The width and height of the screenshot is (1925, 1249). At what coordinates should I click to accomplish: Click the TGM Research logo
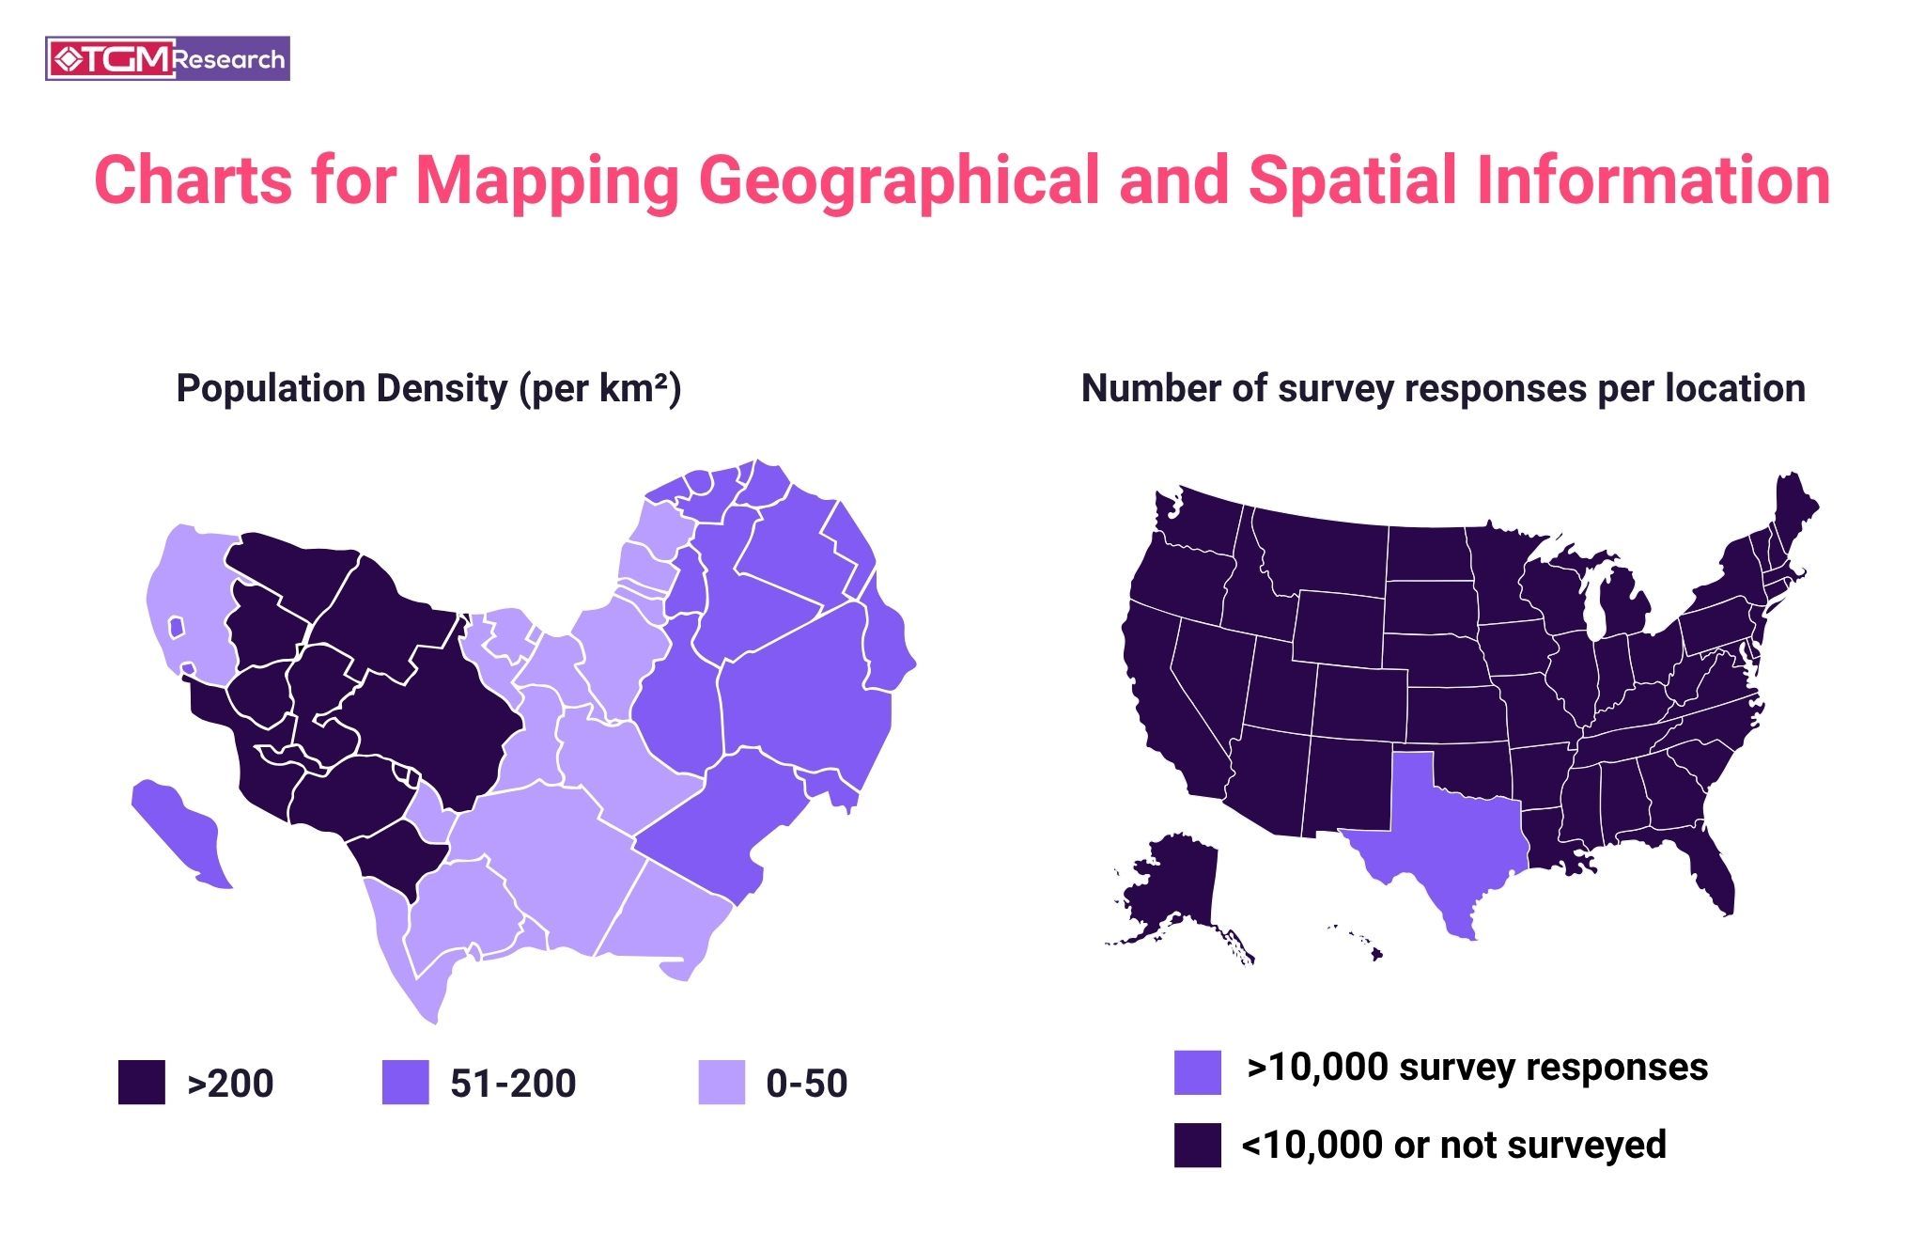pyautogui.click(x=167, y=59)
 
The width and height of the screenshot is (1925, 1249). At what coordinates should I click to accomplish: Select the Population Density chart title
pyautogui.click(x=428, y=388)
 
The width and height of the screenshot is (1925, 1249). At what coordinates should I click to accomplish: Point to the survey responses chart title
pyautogui.click(x=1443, y=388)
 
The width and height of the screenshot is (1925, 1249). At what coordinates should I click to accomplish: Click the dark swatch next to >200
pyautogui.click(x=142, y=1082)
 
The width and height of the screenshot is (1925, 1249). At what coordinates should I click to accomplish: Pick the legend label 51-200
pyautogui.click(x=513, y=1083)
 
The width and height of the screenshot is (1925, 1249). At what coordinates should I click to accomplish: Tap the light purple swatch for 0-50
pyautogui.click(x=722, y=1082)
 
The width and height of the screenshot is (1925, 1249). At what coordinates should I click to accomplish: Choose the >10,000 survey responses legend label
pyautogui.click(x=1477, y=1067)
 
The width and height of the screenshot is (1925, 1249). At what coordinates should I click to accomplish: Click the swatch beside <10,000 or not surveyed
pyautogui.click(x=1198, y=1145)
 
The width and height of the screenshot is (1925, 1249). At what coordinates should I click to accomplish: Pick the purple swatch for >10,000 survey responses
pyautogui.click(x=1198, y=1072)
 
